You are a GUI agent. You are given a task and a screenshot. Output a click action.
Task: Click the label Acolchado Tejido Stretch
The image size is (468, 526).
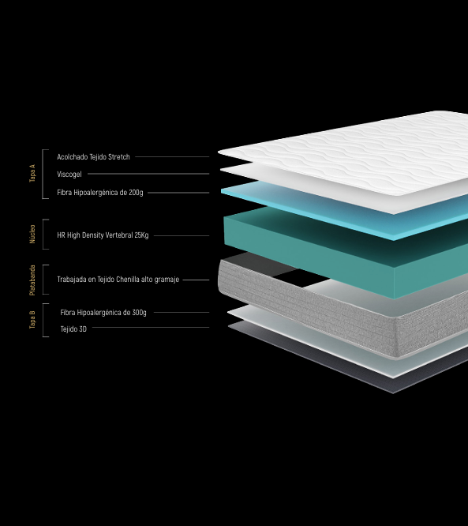click(x=93, y=157)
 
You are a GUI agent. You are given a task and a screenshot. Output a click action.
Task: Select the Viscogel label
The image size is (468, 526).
click(x=69, y=175)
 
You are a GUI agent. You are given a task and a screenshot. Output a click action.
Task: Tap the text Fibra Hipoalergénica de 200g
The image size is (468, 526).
click(x=100, y=193)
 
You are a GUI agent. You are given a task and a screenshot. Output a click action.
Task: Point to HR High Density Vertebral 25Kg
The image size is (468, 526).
click(x=103, y=235)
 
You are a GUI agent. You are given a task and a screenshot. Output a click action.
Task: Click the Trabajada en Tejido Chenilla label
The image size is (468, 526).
click(x=118, y=280)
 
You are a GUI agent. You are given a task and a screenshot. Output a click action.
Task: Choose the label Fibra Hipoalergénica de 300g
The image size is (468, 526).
click(x=103, y=313)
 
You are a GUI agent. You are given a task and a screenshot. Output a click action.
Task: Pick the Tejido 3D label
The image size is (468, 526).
click(x=73, y=329)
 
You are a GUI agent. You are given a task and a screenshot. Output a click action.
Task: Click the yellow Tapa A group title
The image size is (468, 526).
click(x=32, y=173)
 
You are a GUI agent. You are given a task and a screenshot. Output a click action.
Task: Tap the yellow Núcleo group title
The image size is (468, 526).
click(x=32, y=234)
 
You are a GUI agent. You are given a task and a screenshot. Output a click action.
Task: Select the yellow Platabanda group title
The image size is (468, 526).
click(x=32, y=280)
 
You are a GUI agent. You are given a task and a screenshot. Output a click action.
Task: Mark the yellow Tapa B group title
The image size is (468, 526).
click(x=32, y=320)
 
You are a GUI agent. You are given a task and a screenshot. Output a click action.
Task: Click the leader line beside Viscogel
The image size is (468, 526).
click(x=148, y=174)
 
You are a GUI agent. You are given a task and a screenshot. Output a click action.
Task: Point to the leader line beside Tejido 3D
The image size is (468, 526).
click(x=151, y=328)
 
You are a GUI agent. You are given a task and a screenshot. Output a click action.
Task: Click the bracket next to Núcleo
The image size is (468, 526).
click(x=43, y=234)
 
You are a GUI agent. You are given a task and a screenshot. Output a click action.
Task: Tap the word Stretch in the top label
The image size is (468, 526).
click(x=119, y=157)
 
